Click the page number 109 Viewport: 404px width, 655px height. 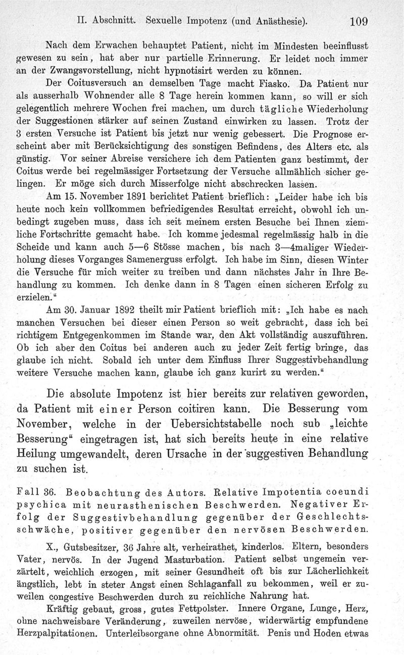pyautogui.click(x=356, y=22)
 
